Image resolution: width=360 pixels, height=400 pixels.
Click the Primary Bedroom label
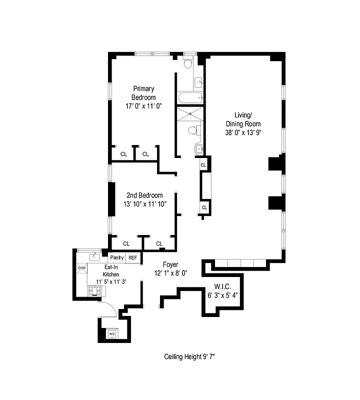click(x=143, y=93)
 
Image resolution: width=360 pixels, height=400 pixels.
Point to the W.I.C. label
click(x=221, y=286)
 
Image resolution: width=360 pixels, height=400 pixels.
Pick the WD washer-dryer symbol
click(x=112, y=333)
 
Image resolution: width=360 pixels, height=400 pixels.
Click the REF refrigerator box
click(x=132, y=257)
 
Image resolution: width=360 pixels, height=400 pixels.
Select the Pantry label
click(x=117, y=257)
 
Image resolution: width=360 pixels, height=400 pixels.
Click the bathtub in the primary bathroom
click(x=189, y=97)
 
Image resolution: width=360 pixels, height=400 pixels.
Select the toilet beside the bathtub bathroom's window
click(x=187, y=64)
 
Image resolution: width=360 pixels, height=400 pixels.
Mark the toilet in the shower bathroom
click(x=192, y=130)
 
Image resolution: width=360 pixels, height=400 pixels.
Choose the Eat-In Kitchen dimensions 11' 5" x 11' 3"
click(x=110, y=281)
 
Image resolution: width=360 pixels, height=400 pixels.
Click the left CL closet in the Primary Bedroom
click(x=123, y=154)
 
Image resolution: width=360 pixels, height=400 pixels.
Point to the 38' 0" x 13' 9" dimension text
click(x=243, y=133)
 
